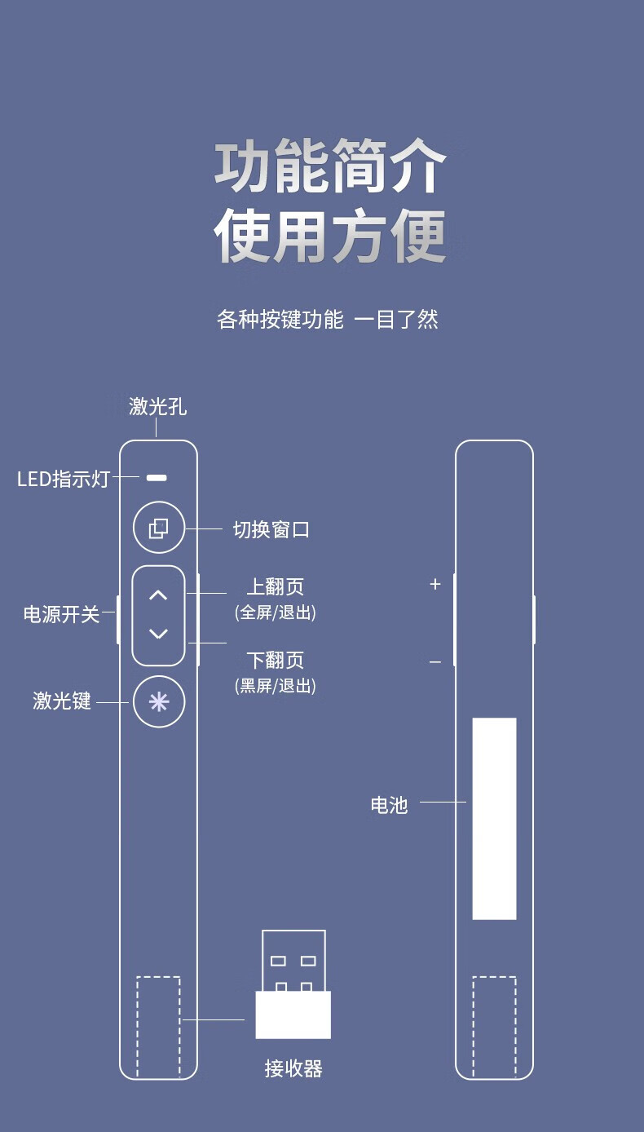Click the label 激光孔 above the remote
[158, 406]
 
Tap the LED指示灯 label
[64, 479]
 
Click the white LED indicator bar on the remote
[157, 477]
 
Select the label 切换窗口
[271, 530]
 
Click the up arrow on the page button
[158, 595]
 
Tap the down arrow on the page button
[158, 634]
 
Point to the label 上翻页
[276, 587]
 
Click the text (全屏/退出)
[276, 612]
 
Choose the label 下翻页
[276, 660]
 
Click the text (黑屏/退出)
[276, 686]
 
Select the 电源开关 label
[61, 615]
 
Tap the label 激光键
[62, 701]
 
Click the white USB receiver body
[293, 1015]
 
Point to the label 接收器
[293, 1068]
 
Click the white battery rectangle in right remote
[494, 818]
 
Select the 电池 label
[389, 806]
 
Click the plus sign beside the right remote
[435, 584]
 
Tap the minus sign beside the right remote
[435, 662]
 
